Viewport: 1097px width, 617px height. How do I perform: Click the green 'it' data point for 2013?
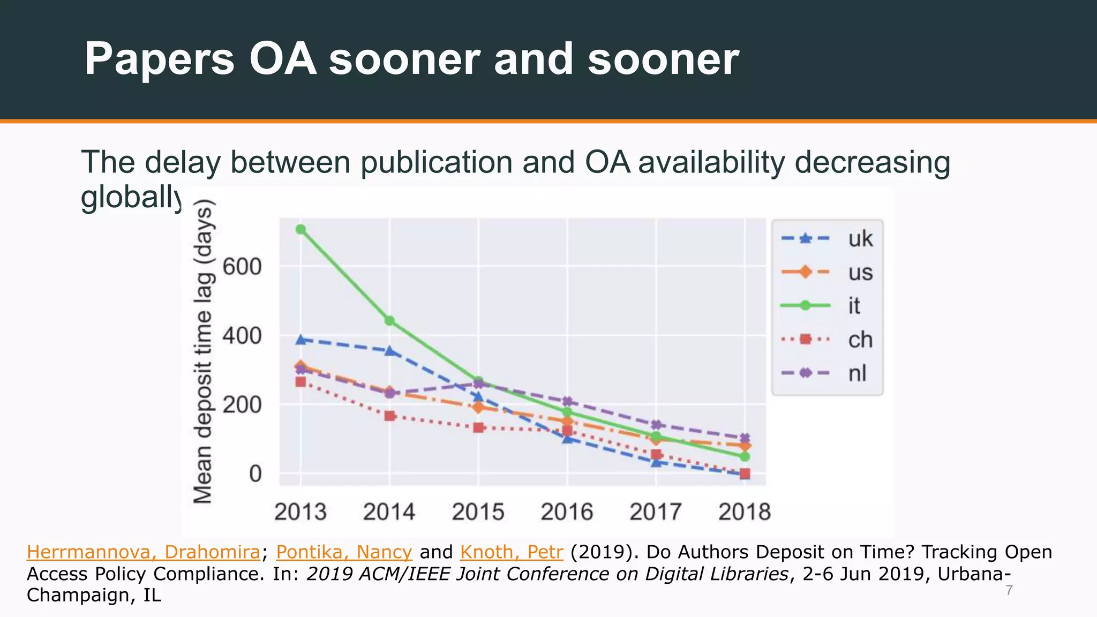pos(301,229)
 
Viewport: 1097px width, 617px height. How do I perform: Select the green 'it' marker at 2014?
pos(390,321)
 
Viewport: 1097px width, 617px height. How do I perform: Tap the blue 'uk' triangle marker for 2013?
pos(301,340)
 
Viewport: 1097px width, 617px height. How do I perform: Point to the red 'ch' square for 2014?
pos(390,416)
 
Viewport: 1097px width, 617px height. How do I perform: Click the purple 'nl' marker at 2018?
pos(745,438)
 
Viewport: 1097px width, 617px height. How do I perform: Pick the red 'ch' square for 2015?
pos(479,427)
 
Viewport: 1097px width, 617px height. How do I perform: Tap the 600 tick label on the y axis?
pos(242,267)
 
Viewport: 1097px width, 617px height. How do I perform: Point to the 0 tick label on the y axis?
pos(256,474)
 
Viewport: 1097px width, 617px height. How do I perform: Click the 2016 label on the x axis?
pos(567,512)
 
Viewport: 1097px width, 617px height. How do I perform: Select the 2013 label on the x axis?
pos(300,512)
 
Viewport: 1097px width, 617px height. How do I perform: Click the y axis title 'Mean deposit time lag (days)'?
pos(204,351)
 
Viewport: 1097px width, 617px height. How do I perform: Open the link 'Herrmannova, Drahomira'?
pos(144,552)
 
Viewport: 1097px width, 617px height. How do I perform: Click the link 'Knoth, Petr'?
pos(511,552)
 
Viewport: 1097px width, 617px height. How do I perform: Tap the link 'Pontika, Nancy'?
pos(344,552)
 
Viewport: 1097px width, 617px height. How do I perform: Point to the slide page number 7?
pos(1009,591)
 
